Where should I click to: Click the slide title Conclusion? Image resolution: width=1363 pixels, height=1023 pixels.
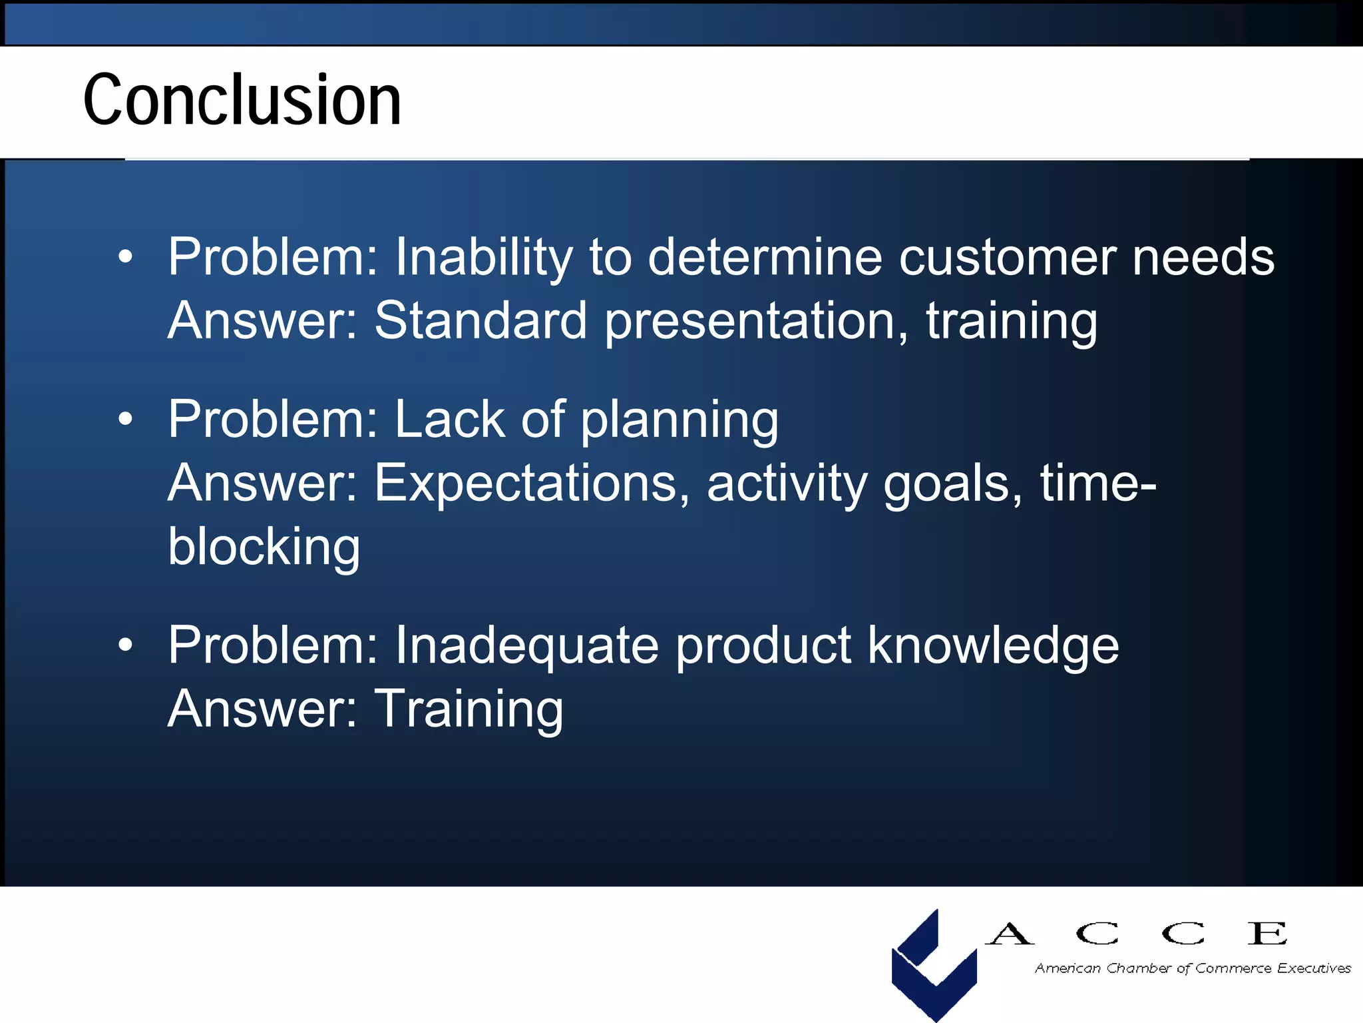[242, 100]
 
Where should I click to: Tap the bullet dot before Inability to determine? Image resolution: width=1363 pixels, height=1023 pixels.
[125, 257]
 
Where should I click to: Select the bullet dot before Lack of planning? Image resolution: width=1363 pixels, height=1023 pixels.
[125, 419]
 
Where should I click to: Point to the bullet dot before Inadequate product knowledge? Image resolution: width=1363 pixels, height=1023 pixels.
[125, 645]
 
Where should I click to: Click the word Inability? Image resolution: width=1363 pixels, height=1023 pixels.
[483, 257]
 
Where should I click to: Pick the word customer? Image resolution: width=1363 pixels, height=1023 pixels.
[1007, 257]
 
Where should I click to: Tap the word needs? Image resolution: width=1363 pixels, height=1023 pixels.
[1203, 257]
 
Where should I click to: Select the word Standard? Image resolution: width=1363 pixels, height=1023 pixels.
[481, 320]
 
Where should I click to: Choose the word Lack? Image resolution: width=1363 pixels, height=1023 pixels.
[450, 419]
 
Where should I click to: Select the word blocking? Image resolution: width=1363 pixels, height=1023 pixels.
[264, 547]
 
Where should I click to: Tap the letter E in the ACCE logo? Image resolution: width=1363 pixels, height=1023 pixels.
[1267, 933]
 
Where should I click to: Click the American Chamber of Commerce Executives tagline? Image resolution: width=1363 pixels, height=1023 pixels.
[1192, 968]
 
